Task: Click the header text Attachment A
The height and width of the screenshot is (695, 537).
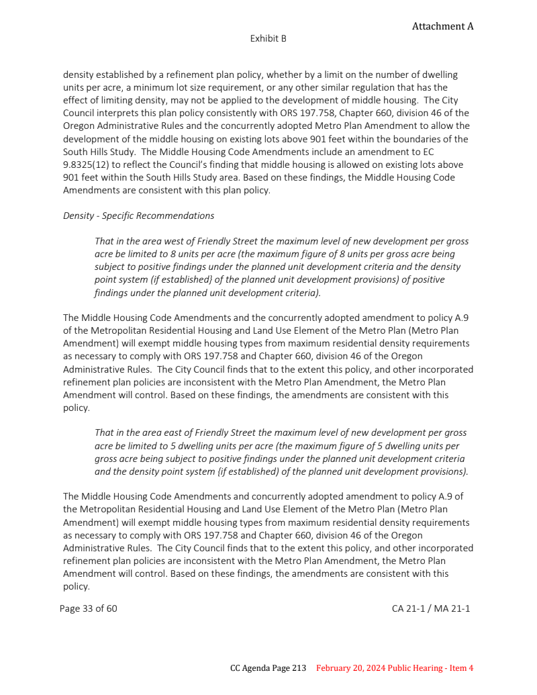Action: click(442, 26)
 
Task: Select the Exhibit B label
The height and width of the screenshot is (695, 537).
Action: click(268, 38)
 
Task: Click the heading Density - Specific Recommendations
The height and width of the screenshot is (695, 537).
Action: click(138, 216)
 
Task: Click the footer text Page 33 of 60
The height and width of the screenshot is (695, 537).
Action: click(88, 608)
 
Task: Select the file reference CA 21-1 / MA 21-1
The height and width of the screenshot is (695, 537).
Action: click(431, 608)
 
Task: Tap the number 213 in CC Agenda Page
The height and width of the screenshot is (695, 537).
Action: click(299, 668)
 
